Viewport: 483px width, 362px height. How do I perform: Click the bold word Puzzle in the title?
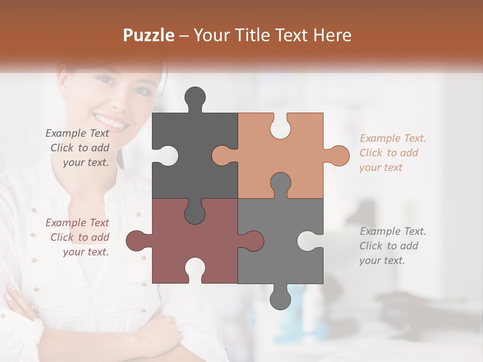pos(149,35)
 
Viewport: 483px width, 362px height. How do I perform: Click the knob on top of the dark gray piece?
pos(195,98)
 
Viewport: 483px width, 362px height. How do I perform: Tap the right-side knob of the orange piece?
pos(338,155)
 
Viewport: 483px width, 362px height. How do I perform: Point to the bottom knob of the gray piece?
pos(280,298)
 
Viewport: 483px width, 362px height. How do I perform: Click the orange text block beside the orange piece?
pos(392,153)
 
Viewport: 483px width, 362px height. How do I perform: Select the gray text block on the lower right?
pos(392,246)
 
